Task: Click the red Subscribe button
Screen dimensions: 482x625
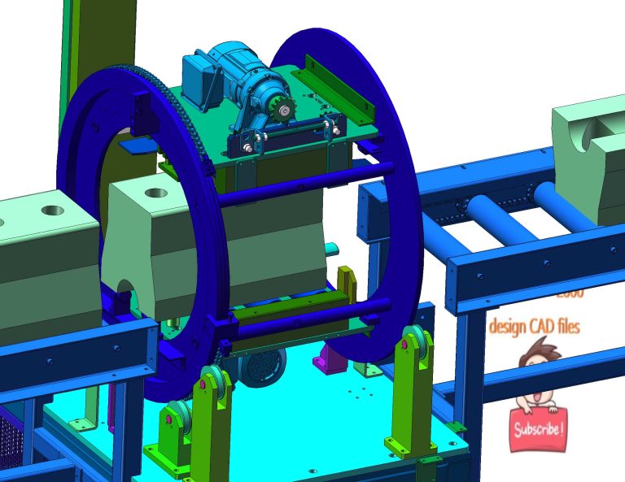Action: [x=537, y=428]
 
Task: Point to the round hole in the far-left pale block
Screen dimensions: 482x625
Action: [x=50, y=211]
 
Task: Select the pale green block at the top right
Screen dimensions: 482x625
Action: [x=588, y=154]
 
